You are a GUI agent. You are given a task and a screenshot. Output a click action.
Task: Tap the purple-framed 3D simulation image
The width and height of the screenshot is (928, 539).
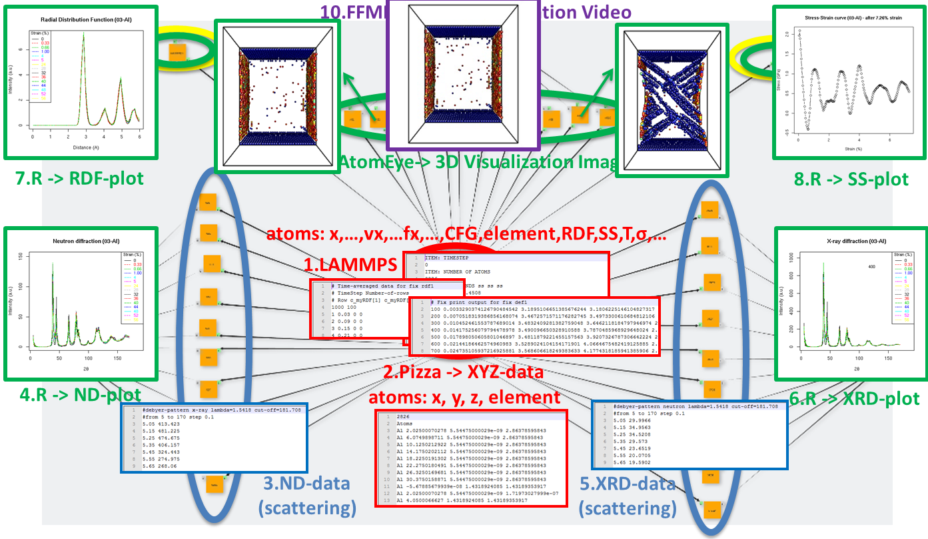[x=463, y=75]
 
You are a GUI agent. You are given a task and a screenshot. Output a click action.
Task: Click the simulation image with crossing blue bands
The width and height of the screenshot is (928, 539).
[x=672, y=100]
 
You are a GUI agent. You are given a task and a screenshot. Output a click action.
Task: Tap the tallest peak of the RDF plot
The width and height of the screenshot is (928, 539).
[x=84, y=33]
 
